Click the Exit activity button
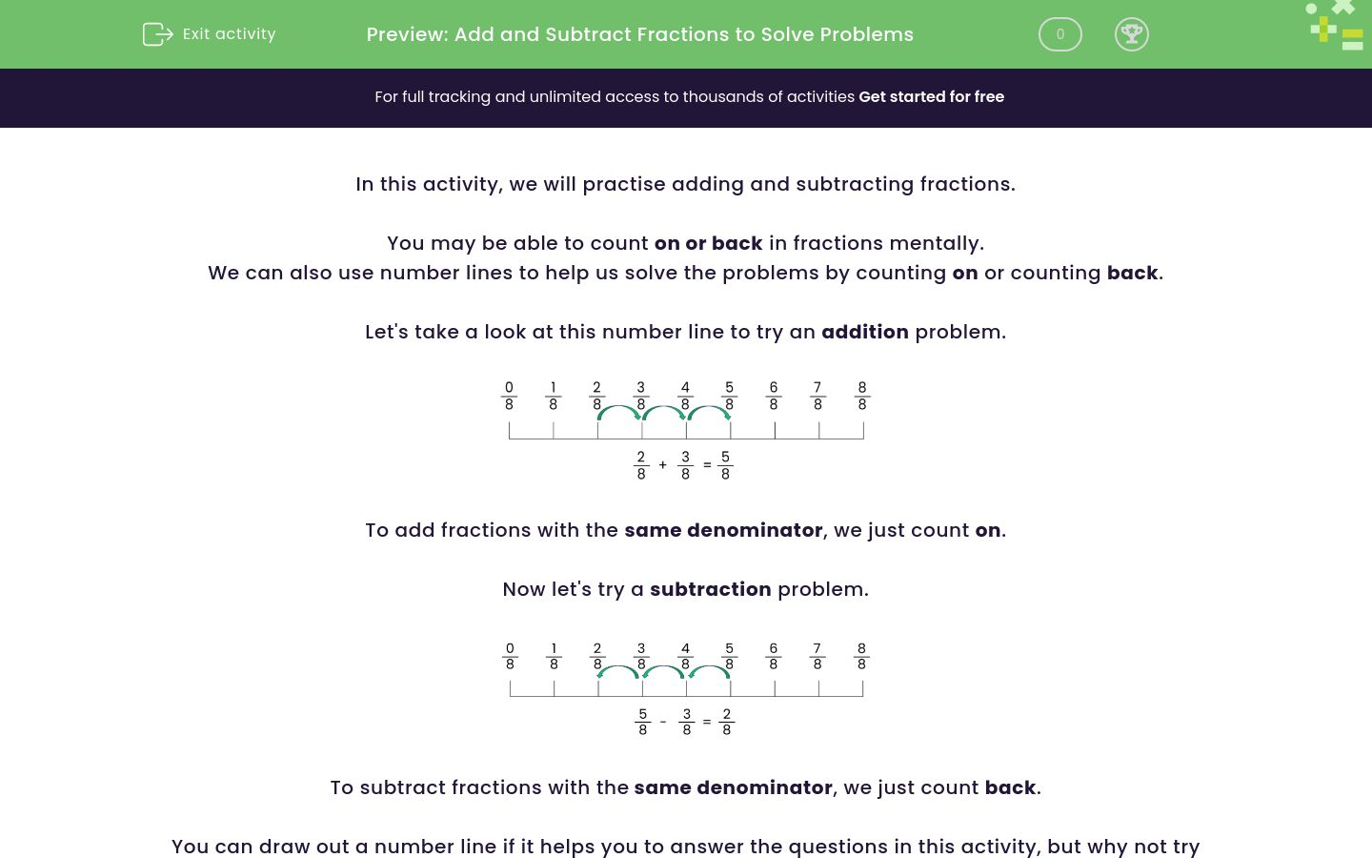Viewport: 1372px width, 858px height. pos(210,34)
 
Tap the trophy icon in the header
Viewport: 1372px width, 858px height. pos(1131,34)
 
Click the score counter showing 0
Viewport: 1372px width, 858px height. pos(1059,34)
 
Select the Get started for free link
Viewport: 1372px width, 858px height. pos(931,97)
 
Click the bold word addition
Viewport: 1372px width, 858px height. pos(864,332)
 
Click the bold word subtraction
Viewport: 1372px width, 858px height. pos(710,589)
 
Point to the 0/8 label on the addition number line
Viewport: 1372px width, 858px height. pos(509,396)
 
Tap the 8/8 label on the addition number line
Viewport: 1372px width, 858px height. pos(862,396)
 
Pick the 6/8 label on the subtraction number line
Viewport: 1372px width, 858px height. pos(773,656)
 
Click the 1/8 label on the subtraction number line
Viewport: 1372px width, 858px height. pos(554,656)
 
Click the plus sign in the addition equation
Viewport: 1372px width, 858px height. pos(663,465)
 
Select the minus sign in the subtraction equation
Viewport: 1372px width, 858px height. pos(663,722)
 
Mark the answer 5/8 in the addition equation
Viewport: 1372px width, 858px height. pos(725,465)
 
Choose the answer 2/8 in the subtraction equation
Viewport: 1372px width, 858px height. pos(726,722)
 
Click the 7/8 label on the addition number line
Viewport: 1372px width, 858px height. pos(817,396)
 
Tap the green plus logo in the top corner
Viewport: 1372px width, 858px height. pos(1323,29)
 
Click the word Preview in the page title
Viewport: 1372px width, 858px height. pos(407,34)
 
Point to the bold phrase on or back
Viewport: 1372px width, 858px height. pos(708,243)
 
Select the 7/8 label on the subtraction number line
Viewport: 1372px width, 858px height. pos(817,656)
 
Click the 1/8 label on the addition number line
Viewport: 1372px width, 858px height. pos(553,396)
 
